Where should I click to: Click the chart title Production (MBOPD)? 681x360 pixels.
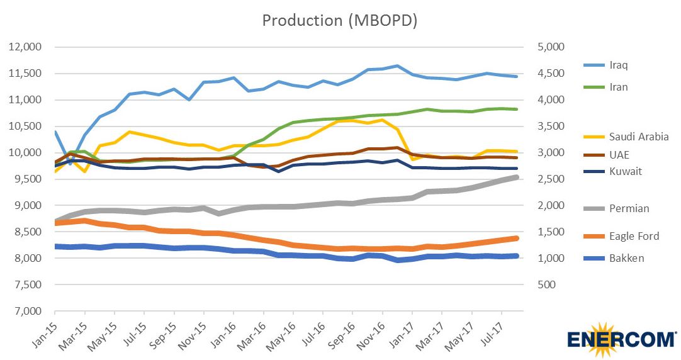click(340, 20)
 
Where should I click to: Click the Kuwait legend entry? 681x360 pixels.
click(626, 171)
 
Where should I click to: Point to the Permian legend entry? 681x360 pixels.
click(629, 208)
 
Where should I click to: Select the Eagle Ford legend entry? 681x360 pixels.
click(634, 236)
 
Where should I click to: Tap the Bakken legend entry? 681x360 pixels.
click(627, 258)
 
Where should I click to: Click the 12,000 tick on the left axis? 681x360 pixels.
click(25, 47)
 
